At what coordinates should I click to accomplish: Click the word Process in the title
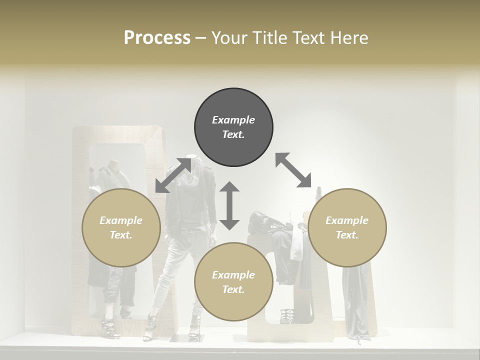157,37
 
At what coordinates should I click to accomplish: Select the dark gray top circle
233,127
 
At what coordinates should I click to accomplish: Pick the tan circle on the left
121,227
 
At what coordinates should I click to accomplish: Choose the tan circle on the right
347,227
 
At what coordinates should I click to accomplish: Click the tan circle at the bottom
233,282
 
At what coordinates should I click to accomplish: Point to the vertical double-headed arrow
229,205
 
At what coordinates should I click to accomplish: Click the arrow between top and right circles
293,170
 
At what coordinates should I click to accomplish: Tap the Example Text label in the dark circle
233,127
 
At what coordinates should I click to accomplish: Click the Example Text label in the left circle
121,227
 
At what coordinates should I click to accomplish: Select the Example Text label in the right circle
347,227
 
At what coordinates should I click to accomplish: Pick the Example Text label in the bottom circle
233,282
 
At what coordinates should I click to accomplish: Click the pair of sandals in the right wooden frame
287,316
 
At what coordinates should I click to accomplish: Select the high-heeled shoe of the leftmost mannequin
108,328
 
